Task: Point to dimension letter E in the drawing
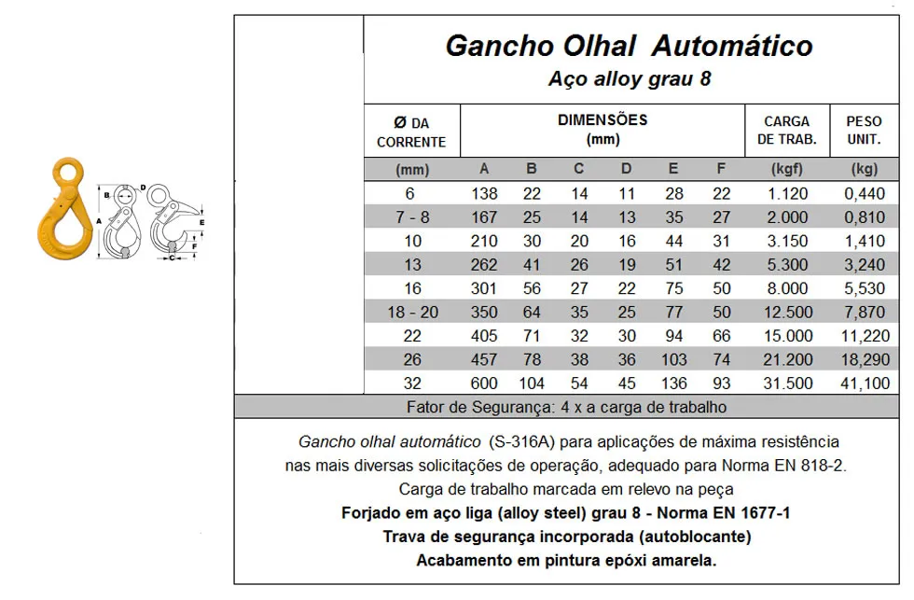click(201, 223)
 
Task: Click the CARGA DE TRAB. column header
click(786, 131)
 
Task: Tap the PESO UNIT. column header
click(864, 131)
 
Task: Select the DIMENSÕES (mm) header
click(602, 130)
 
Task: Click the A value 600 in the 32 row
click(484, 384)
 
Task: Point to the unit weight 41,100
click(865, 384)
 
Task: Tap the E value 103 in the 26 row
click(673, 359)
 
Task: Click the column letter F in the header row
click(721, 169)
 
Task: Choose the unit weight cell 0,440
click(865, 193)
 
